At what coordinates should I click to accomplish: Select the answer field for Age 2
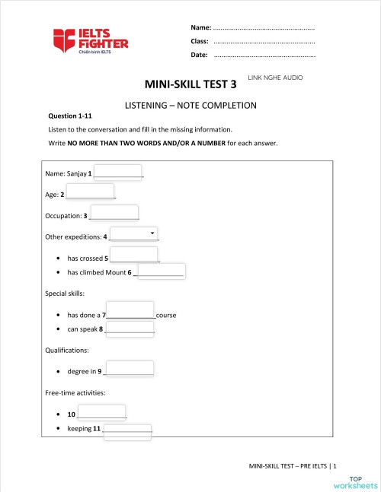90,192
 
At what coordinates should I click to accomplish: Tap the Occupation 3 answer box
114,214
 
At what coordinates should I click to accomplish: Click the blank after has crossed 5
134,256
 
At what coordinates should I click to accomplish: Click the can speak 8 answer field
130,329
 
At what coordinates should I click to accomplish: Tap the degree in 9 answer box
130,370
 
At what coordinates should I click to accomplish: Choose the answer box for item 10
101,413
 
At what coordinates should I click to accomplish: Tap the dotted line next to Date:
264,55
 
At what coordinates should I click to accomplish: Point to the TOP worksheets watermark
355,481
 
